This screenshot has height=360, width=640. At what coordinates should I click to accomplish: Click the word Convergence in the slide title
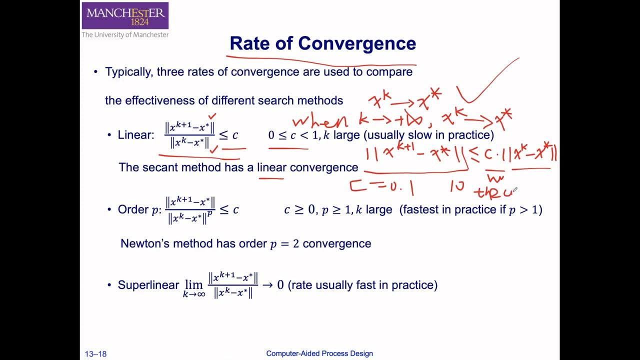(x=357, y=43)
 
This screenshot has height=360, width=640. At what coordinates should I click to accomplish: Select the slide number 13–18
(x=95, y=354)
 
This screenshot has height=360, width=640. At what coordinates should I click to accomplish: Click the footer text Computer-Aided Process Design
(x=319, y=353)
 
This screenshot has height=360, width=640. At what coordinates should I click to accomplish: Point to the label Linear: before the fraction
(x=136, y=135)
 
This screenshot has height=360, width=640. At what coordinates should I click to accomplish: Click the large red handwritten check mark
(x=487, y=82)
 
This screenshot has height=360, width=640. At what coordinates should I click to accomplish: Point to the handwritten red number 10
(x=457, y=186)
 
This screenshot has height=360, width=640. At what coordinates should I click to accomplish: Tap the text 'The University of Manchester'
(x=125, y=35)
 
